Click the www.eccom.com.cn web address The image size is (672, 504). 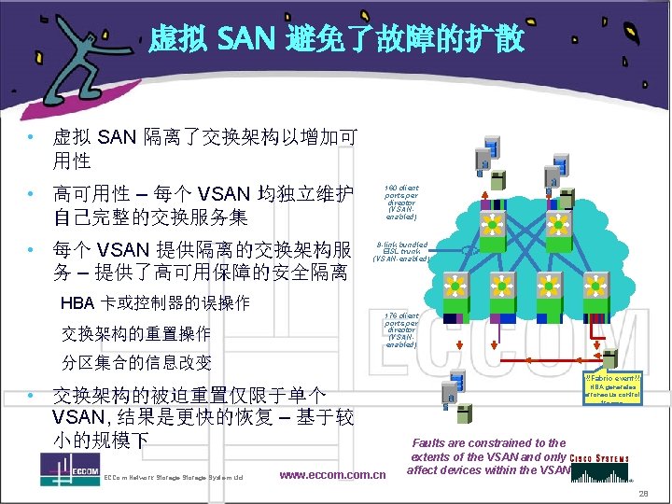pyautogui.click(x=332, y=475)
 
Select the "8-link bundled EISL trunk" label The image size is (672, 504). pyautogui.click(x=402, y=251)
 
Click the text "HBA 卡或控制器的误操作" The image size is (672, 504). pyautogui.click(x=155, y=303)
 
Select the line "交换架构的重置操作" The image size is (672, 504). pyautogui.click(x=136, y=333)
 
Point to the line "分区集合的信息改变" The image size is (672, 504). pyautogui.click(x=136, y=363)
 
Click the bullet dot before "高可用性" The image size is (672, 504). pyautogui.click(x=32, y=194)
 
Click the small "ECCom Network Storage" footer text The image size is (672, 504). pyautogui.click(x=173, y=478)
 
